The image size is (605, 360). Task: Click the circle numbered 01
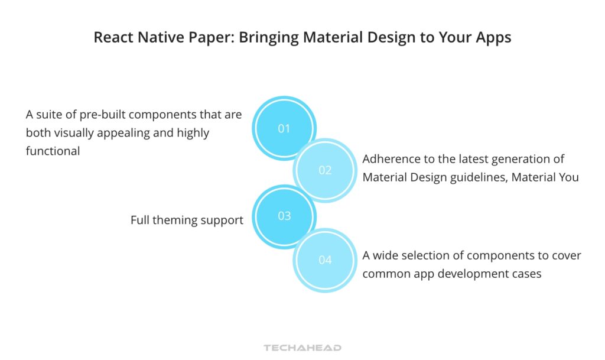284,128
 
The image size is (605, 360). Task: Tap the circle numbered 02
325,170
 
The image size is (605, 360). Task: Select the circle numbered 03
284,216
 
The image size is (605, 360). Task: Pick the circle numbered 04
325,260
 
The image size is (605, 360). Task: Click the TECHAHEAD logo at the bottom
302,348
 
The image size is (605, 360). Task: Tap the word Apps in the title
493,37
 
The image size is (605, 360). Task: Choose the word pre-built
103,114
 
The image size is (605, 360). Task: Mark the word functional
53,151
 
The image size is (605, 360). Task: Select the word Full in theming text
141,220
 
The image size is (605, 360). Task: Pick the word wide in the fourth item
386,255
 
